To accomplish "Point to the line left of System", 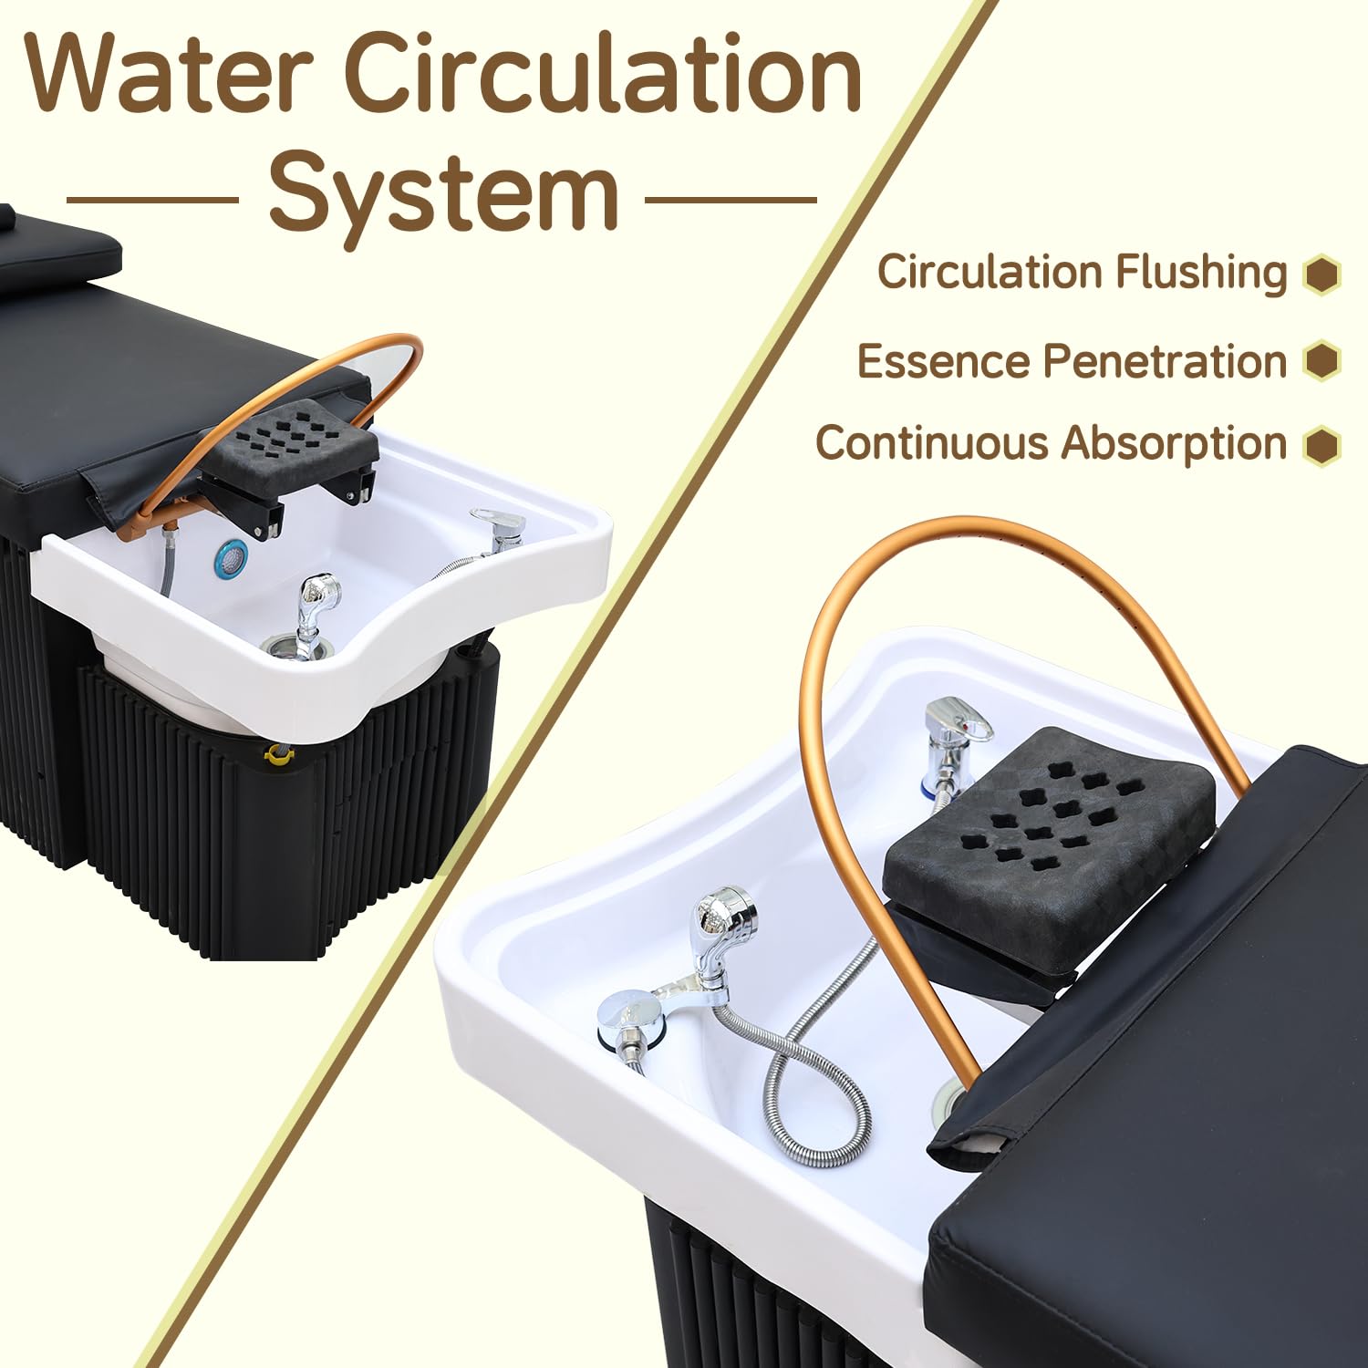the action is pyautogui.click(x=152, y=200).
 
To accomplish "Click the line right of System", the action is pyautogui.click(x=731, y=200).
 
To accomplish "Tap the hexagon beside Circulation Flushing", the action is pyautogui.click(x=1321, y=274).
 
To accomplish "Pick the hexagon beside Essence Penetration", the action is pyautogui.click(x=1321, y=361).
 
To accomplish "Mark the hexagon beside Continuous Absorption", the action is pyautogui.click(x=1321, y=445).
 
